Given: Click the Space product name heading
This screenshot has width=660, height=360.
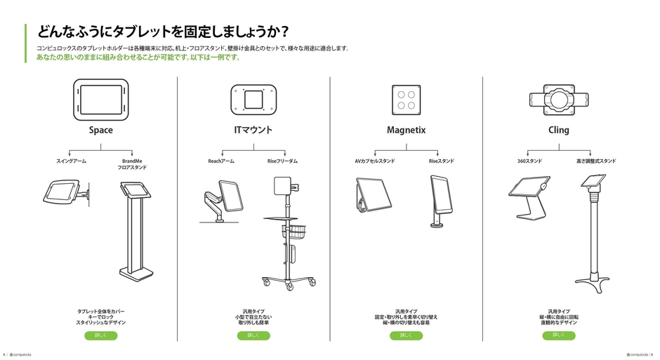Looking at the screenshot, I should tap(100, 130).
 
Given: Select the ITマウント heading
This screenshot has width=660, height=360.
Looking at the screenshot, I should tap(253, 130).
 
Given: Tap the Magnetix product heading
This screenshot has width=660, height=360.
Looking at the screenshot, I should tap(406, 130).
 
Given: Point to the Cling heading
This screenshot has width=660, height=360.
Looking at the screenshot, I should tap(559, 130).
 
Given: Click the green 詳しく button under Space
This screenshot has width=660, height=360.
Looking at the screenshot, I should tap(100, 335).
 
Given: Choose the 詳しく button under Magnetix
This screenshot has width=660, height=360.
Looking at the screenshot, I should tap(406, 335).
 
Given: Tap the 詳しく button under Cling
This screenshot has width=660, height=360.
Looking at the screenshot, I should tap(559, 335).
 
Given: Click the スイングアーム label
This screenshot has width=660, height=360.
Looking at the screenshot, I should tap(71, 161).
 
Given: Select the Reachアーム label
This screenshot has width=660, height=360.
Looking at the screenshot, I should tap(220, 161).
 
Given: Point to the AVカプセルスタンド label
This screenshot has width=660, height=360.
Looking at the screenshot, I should tap(374, 161).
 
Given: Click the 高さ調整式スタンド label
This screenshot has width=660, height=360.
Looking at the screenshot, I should tap(596, 161).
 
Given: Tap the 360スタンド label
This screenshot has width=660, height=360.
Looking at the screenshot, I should tap(529, 161).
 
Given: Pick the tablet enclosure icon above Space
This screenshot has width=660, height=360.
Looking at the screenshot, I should tap(100, 99).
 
